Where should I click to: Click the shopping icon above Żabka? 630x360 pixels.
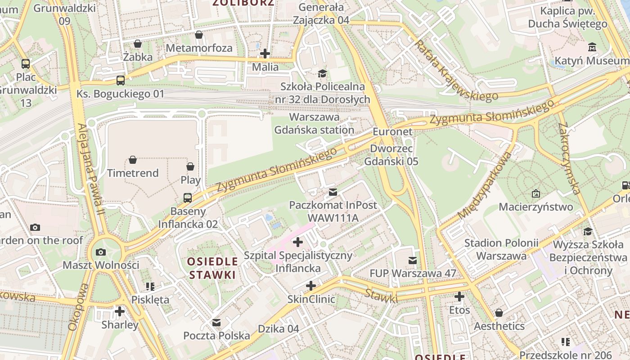point(138,44)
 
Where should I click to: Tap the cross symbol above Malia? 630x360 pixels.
point(265,54)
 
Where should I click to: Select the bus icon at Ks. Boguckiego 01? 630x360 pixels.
point(120,81)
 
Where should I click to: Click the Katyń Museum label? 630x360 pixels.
point(592,60)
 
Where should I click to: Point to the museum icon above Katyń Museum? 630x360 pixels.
point(592,47)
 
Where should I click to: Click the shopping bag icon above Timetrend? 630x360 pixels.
point(133,160)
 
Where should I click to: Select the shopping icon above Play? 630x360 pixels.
point(190,166)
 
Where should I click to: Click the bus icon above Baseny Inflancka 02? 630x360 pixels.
point(188,198)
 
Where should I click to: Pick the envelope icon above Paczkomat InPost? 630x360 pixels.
point(333,192)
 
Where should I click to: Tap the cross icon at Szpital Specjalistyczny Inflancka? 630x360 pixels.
point(297,242)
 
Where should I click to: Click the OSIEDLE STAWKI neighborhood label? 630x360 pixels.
point(212,268)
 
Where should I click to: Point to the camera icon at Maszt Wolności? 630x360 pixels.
point(101,252)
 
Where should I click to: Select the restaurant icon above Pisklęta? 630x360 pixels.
point(150,286)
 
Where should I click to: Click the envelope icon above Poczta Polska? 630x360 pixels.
point(216,322)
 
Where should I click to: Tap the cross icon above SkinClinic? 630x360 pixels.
point(310,286)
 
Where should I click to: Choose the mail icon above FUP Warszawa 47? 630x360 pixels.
point(412,260)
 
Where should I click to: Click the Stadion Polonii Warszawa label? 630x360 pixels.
point(501,249)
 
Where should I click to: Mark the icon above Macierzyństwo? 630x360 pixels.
point(535,193)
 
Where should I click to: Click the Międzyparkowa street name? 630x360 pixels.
point(485,185)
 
